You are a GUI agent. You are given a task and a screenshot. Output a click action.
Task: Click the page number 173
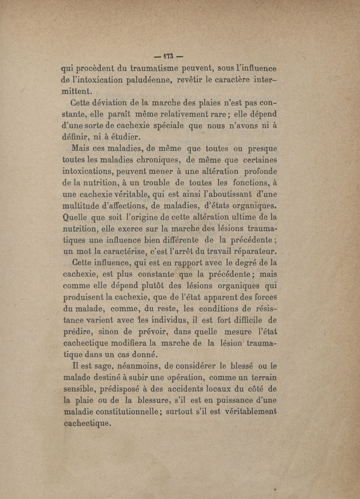[x=163, y=58]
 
